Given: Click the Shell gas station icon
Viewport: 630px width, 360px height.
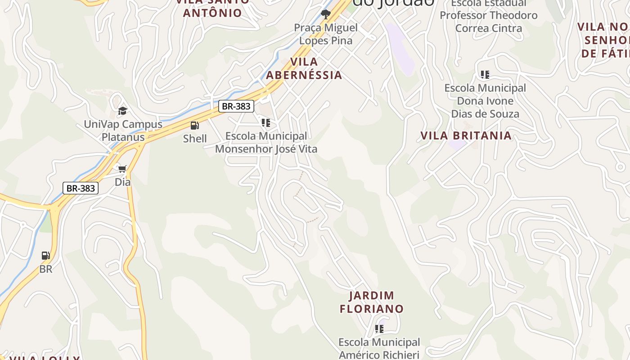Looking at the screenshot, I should pos(195,126).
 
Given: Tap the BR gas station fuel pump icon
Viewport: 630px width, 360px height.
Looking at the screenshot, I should pos(46,256).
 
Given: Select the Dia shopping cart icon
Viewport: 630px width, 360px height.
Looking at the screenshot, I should pos(122,169).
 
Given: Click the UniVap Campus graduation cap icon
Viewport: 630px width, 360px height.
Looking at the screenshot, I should pos(122,111).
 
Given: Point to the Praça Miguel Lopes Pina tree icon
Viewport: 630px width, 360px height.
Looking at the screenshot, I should pos(325,14).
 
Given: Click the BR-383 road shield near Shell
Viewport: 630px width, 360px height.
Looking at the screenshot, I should pos(236,106).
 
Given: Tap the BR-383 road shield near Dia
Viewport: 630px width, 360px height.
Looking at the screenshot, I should pos(81,188).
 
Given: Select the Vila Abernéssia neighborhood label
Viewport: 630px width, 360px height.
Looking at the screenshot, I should pos(304,68).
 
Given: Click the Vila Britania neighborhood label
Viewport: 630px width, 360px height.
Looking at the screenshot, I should pos(466,135).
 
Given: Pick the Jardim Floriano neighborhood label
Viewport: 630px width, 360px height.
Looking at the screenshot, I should pos(372,302).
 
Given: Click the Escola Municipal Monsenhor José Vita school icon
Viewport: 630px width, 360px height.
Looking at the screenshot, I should pos(266,122).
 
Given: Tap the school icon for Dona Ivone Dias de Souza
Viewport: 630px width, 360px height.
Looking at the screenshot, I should pos(485,75).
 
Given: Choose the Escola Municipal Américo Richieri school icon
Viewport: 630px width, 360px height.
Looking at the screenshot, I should pos(379,329).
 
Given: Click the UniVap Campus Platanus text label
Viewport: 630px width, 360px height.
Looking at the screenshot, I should pos(123,130).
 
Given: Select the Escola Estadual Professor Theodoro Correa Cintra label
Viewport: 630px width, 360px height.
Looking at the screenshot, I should pos(489,16).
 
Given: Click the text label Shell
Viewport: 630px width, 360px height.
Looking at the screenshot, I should pos(195,139).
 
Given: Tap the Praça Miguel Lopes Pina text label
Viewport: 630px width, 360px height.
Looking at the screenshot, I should pos(326,34).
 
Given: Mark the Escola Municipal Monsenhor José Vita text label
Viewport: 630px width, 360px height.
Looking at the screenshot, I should pos(266,142).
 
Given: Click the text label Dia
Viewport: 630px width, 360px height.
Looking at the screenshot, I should pos(122,182).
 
